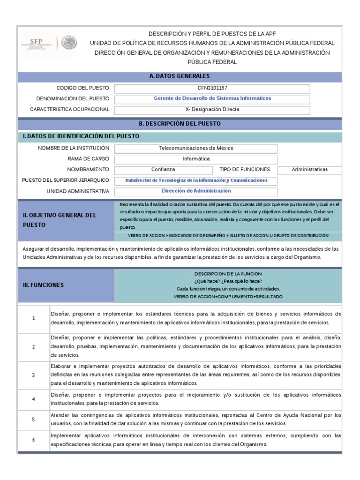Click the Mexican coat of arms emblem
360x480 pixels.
click(68, 44)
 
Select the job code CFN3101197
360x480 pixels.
click(212, 88)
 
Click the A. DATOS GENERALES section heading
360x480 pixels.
click(180, 76)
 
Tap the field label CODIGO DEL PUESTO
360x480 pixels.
click(82, 88)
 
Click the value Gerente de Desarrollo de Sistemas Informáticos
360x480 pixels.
click(212, 98)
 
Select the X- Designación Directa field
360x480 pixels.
click(212, 110)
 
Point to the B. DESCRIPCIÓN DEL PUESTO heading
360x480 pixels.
click(180, 123)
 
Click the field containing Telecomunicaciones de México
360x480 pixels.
click(196, 148)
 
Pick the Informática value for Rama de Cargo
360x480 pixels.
click(196, 159)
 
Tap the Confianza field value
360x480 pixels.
click(163, 170)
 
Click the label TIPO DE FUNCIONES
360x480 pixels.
click(245, 170)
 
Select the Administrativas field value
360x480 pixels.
click(309, 170)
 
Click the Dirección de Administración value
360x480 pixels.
click(196, 191)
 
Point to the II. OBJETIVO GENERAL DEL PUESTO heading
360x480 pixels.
click(60, 220)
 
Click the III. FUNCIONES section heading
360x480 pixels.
click(44, 285)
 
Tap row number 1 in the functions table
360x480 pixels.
click(34, 319)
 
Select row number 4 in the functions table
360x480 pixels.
click(34, 399)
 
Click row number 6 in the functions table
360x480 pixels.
click(34, 440)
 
